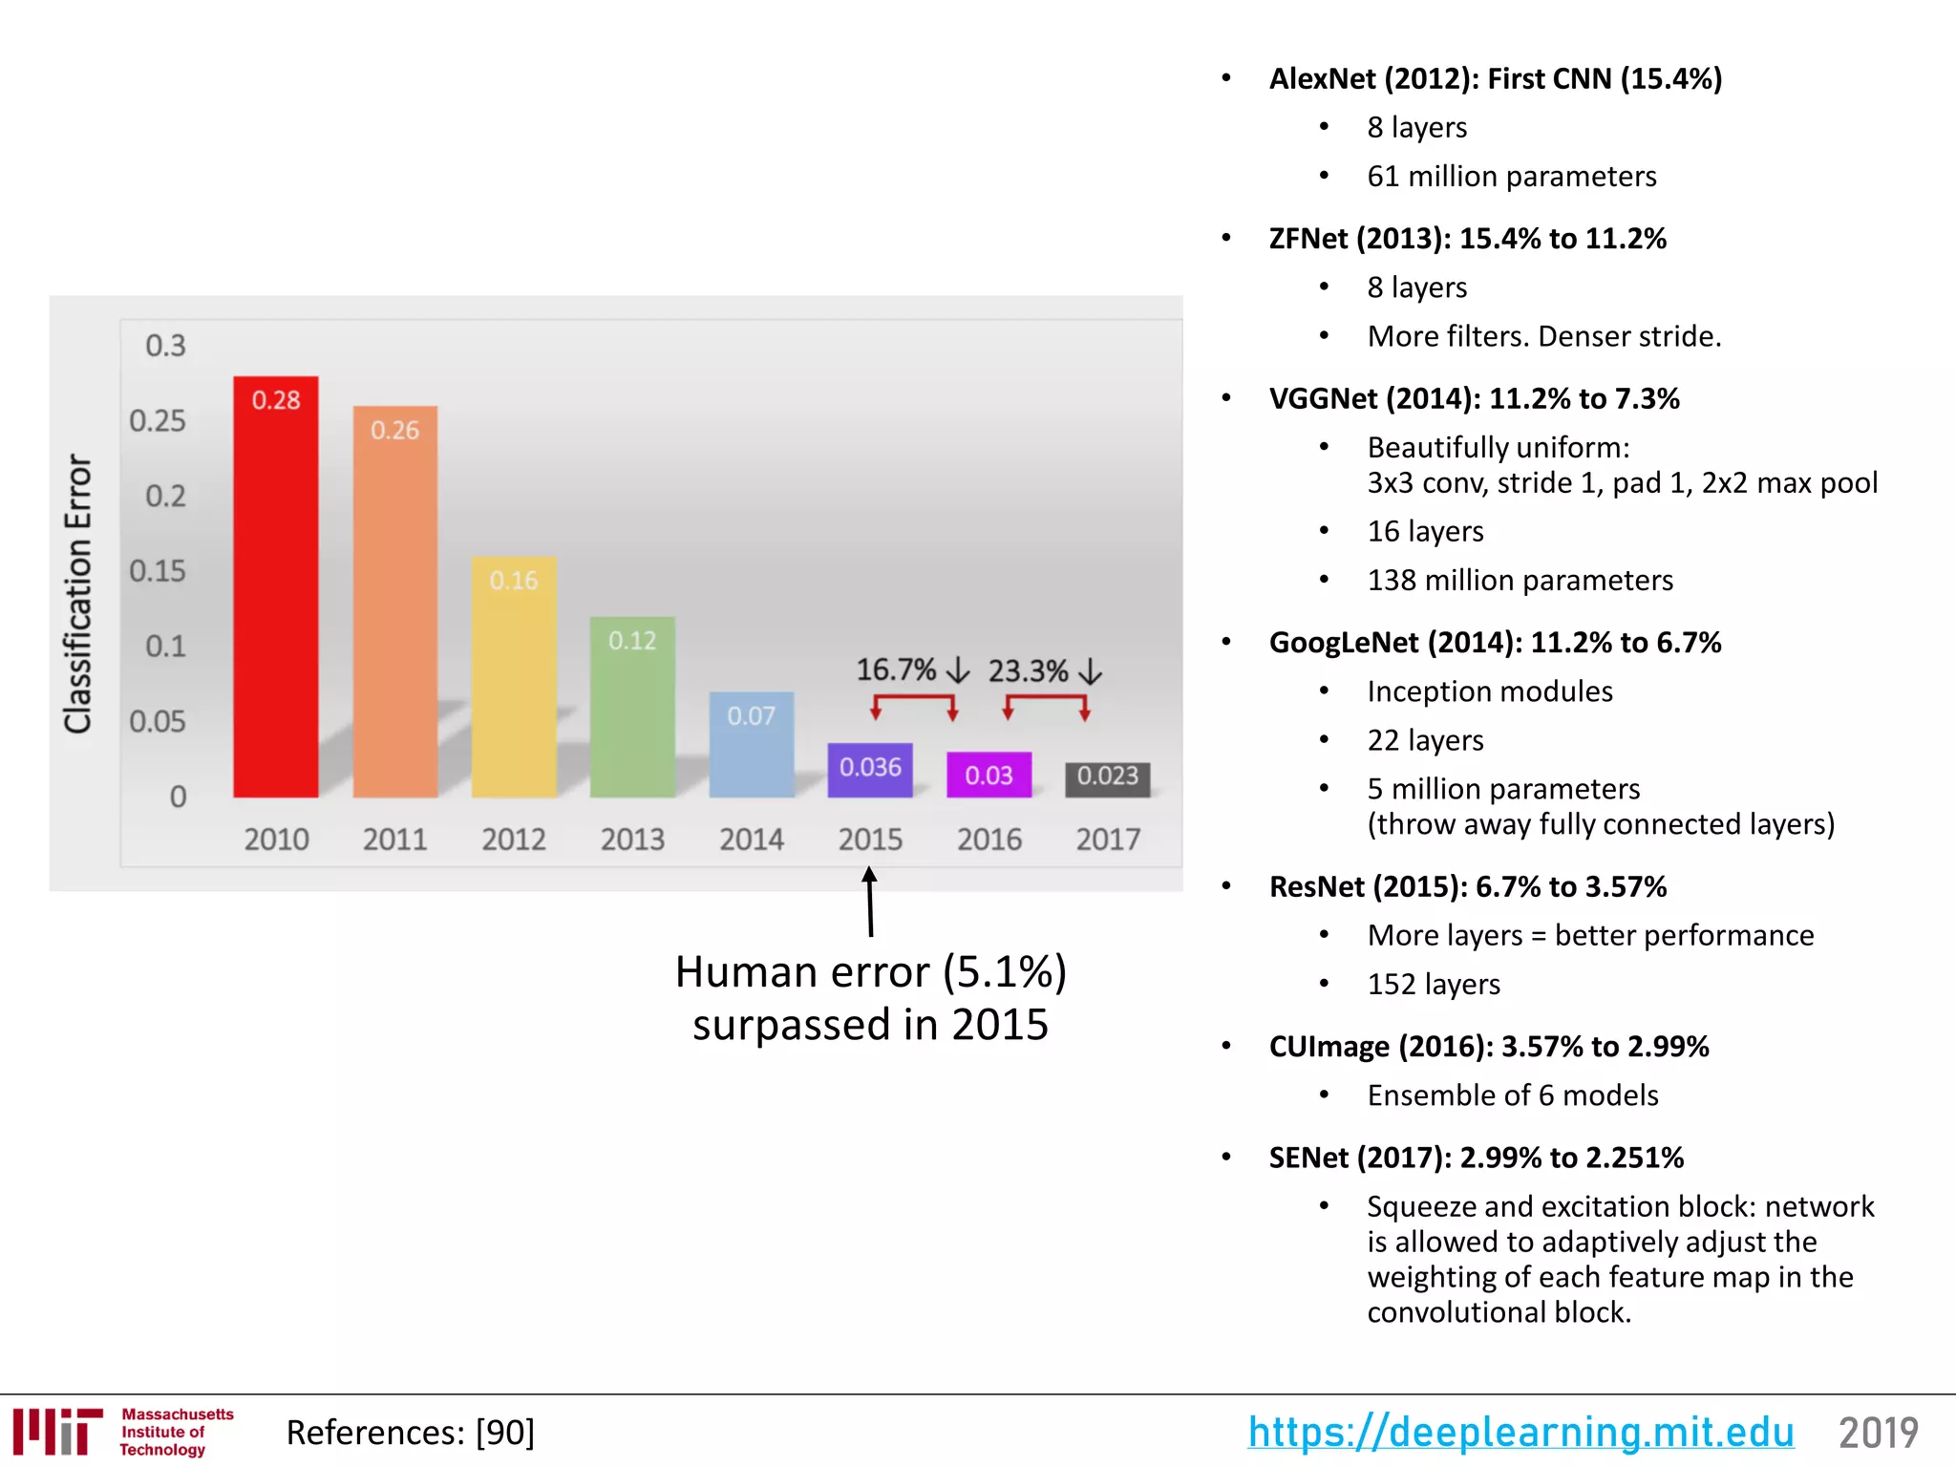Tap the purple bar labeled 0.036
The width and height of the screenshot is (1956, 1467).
click(x=870, y=769)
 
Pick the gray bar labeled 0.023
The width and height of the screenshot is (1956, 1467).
click(x=1108, y=777)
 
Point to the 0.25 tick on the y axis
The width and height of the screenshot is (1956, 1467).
click(x=158, y=421)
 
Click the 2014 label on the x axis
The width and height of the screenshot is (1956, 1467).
click(x=752, y=840)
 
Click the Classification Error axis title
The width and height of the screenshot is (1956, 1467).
click(x=78, y=593)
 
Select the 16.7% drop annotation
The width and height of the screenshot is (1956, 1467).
click(x=912, y=670)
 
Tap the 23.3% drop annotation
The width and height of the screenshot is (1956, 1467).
click(x=1045, y=671)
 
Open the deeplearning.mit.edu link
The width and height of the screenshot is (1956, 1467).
click(x=1520, y=1433)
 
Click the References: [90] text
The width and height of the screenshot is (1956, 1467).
click(x=411, y=1433)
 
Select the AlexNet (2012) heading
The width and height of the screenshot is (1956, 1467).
click(x=1495, y=78)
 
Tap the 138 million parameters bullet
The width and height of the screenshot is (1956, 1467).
click(x=1520, y=581)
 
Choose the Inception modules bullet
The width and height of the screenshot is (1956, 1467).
click(x=1489, y=691)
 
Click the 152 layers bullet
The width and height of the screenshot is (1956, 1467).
click(x=1434, y=985)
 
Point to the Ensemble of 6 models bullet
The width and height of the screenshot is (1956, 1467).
click(x=1513, y=1095)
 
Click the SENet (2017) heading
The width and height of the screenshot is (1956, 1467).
click(x=1476, y=1158)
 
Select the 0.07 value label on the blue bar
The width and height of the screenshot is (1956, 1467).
click(x=751, y=716)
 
